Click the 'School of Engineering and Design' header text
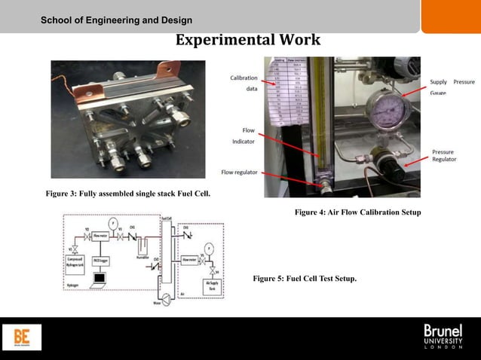pos(117,20)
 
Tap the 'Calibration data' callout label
pos(244,83)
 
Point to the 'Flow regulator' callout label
pos(239,172)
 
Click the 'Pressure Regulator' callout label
pos(443,156)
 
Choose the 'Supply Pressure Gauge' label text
pos(452,87)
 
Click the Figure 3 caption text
pos(128,194)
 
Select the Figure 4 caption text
pos(357,213)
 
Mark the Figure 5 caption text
pos(305,279)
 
